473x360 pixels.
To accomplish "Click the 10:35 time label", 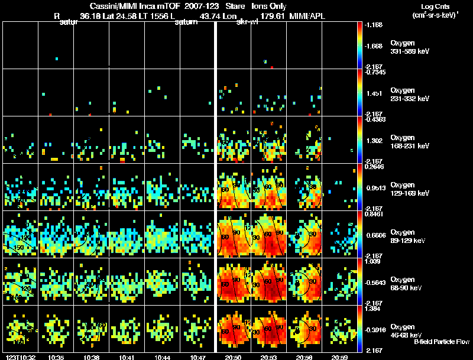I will [56, 357].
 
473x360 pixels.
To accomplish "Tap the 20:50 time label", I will [234, 357].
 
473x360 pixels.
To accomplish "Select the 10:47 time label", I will [198, 357].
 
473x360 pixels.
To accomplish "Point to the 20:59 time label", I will [340, 357].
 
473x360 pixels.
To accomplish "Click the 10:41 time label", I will [127, 357].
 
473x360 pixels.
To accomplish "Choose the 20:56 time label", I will [304, 357].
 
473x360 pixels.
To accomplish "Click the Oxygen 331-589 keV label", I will [409, 47].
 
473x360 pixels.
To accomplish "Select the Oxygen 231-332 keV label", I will [409, 95].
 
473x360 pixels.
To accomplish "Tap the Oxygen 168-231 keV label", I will [409, 142].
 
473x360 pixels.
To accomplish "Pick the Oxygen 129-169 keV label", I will [409, 189].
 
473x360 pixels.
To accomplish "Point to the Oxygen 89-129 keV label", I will [409, 236].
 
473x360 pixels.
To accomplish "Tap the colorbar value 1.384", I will [374, 310].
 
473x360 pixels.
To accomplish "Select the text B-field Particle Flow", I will [441, 342].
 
